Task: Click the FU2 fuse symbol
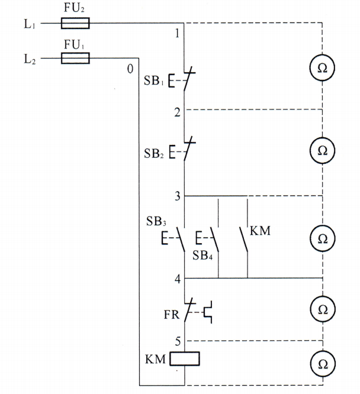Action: click(x=75, y=24)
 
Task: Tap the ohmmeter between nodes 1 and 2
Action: click(x=323, y=68)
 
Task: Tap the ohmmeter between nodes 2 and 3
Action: click(x=323, y=150)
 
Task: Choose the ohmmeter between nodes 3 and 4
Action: click(x=323, y=238)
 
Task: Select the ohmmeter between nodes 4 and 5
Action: click(x=323, y=309)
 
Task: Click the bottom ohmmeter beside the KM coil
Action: click(x=323, y=362)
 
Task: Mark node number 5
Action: click(x=176, y=341)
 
